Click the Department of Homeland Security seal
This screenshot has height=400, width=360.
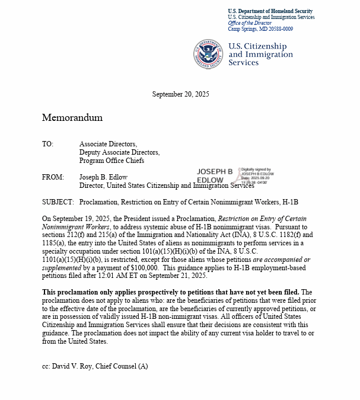(x=208, y=54)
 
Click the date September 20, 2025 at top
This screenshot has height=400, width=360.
(x=180, y=94)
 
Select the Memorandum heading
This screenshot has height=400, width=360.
(x=72, y=117)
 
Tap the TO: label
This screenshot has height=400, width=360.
(x=47, y=144)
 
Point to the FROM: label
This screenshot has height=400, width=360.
(x=52, y=177)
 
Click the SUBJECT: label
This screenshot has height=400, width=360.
(x=58, y=202)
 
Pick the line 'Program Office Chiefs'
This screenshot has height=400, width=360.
(x=111, y=161)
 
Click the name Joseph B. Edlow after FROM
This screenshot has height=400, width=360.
(x=104, y=177)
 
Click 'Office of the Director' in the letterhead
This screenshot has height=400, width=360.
(x=250, y=23)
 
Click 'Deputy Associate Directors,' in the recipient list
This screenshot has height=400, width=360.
(x=119, y=152)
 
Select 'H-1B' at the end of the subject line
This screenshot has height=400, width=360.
(x=289, y=202)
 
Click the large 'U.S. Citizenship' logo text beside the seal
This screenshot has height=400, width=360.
(x=257, y=46)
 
